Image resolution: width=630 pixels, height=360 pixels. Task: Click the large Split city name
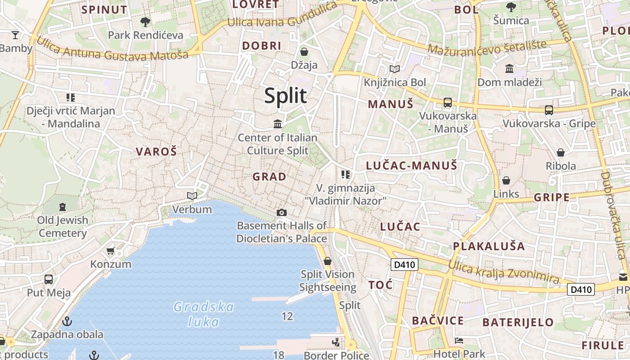pyautogui.click(x=285, y=96)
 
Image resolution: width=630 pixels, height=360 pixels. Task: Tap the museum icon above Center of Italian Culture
pyautogui.click(x=278, y=124)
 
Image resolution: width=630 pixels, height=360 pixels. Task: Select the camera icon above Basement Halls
pyautogui.click(x=282, y=212)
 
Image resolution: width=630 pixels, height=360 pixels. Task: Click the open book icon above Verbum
pyautogui.click(x=192, y=196)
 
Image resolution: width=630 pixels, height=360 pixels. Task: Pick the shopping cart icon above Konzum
pyautogui.click(x=111, y=251)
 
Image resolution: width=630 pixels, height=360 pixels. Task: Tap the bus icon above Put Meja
pyautogui.click(x=49, y=279)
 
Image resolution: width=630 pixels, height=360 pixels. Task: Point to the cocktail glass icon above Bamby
pyautogui.click(x=15, y=35)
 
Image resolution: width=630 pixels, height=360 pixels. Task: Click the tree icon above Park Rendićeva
pyautogui.click(x=145, y=22)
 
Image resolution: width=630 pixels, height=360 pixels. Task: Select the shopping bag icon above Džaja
pyautogui.click(x=304, y=52)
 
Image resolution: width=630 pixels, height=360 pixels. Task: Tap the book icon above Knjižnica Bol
pyautogui.click(x=395, y=69)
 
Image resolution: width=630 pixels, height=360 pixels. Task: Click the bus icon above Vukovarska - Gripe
pyautogui.click(x=549, y=110)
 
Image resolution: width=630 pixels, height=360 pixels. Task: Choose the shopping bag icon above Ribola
pyautogui.click(x=561, y=153)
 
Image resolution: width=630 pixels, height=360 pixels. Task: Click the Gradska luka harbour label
pyautogui.click(x=204, y=314)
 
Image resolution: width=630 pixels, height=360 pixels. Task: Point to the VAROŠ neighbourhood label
pyautogui.click(x=157, y=152)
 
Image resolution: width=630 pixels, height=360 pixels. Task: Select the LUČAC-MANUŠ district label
pyautogui.click(x=411, y=166)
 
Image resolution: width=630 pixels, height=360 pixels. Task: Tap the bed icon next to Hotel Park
pyautogui.click(x=459, y=341)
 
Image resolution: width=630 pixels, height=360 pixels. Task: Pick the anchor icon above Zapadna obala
pyautogui.click(x=67, y=321)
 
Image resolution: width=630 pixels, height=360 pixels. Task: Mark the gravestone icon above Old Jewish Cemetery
pyautogui.click(x=63, y=207)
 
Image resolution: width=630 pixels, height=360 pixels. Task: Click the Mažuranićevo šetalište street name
pyautogui.click(x=487, y=47)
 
